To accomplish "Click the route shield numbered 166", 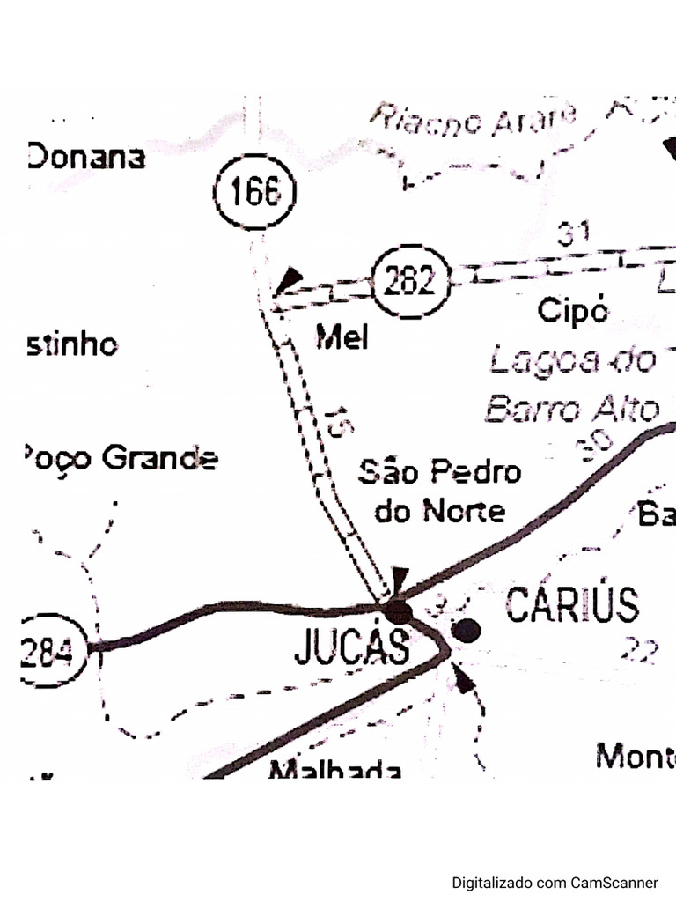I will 255,192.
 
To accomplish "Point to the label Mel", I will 341,336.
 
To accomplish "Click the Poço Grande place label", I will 120,458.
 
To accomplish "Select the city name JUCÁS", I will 351,648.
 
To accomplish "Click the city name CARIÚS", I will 572,605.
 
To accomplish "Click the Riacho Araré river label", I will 474,121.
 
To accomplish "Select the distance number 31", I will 573,234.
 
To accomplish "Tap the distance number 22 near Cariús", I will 640,650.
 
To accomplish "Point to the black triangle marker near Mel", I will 287,282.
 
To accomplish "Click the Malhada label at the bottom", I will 335,770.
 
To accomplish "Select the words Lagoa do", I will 572,359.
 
